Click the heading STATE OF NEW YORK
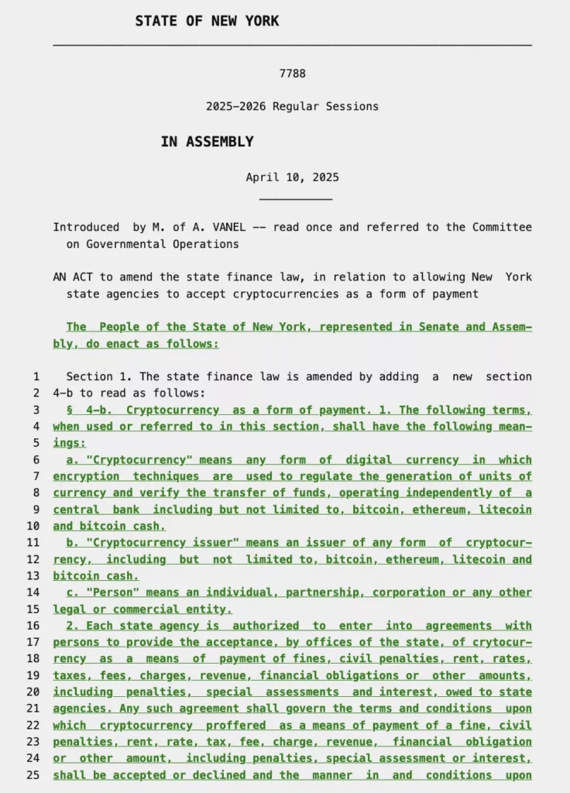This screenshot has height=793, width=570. tap(207, 21)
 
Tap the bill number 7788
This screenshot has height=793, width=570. tap(292, 74)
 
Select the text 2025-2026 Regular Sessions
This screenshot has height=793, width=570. tap(292, 106)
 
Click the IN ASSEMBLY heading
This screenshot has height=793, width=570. tap(207, 142)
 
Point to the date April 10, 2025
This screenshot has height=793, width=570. tap(292, 177)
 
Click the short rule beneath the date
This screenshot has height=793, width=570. tap(296, 200)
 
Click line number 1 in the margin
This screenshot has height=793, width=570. tap(36, 377)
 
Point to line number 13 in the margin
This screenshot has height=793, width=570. tap(33, 576)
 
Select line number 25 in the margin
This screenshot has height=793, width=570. tap(33, 775)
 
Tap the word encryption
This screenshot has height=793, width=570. tap(86, 476)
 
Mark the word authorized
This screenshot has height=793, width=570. tap(266, 626)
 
